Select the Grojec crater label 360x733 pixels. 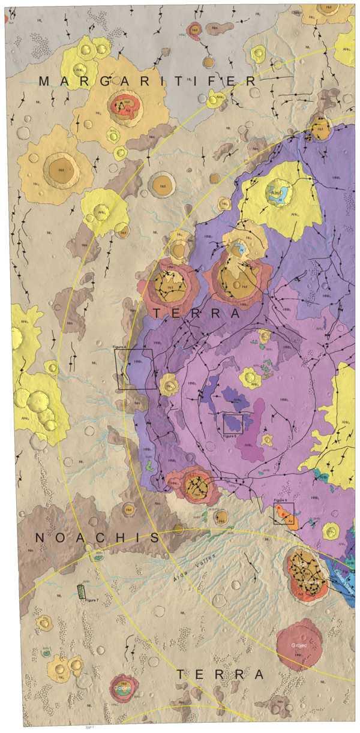tap(299, 647)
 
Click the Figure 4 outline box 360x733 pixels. tap(136, 369)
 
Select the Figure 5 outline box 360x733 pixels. tap(233, 423)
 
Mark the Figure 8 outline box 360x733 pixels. tap(283, 513)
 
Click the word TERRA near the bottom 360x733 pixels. tap(220, 675)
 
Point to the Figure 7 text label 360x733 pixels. tap(91, 600)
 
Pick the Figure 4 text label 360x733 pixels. tap(121, 347)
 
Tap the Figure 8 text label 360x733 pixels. tap(281, 500)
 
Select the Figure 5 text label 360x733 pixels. tap(229, 436)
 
